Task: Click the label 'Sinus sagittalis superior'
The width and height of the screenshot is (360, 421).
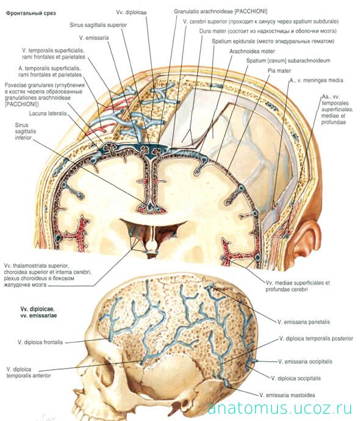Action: click(98, 25)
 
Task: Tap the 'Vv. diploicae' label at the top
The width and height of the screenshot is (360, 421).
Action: click(131, 12)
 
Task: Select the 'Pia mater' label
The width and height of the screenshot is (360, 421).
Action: click(279, 71)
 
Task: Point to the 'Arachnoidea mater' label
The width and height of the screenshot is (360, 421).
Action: click(252, 51)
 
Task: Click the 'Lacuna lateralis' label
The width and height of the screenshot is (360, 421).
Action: click(48, 113)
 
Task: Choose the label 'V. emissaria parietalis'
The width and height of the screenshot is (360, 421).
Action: click(304, 322)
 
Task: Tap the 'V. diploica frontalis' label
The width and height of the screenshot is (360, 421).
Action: click(40, 342)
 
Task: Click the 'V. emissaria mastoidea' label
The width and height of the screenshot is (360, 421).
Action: click(287, 395)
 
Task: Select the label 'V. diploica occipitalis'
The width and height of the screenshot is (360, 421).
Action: click(295, 378)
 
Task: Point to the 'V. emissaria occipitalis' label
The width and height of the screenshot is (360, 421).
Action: click(305, 361)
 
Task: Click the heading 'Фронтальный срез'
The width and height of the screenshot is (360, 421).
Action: click(31, 13)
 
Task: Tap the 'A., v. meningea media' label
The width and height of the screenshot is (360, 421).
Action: click(316, 80)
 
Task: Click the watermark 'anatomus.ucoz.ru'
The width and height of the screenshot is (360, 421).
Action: click(279, 408)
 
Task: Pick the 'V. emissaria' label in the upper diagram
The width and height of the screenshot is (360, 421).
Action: click(94, 38)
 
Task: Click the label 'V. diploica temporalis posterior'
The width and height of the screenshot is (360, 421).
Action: click(316, 338)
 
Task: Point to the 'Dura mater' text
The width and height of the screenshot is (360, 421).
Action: click(212, 31)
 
